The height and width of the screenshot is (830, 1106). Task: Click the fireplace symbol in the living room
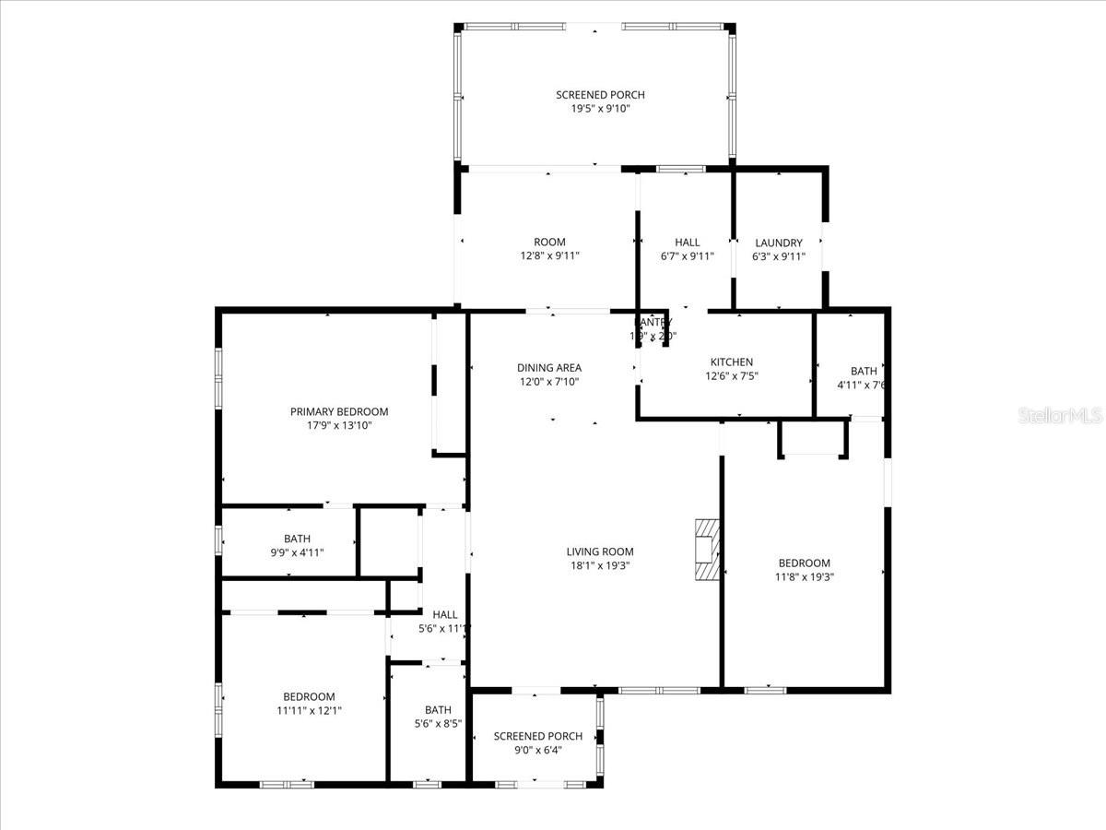[x=705, y=550]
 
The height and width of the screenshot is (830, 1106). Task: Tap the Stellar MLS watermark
[x=1060, y=416]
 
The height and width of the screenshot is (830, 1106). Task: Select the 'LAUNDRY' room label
[x=779, y=243]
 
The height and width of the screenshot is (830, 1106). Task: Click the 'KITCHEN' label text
[x=731, y=362]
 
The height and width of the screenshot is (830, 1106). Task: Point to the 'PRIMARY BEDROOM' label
[x=339, y=411]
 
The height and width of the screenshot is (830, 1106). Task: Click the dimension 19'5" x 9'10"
[x=600, y=109]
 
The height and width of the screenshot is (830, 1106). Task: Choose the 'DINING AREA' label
[x=548, y=368]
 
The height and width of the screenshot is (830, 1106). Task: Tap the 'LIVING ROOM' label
[x=600, y=551]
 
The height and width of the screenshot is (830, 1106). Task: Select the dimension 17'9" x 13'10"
[x=339, y=426]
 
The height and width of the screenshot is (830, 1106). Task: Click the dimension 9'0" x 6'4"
[x=537, y=750]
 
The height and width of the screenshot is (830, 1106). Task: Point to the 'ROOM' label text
[x=549, y=243]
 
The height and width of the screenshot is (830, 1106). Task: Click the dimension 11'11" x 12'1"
[x=309, y=710]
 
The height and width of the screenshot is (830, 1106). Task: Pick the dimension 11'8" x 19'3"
[x=804, y=576]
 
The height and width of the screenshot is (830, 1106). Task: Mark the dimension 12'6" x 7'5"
[x=731, y=376]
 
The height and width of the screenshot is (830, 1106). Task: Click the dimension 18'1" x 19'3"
[x=600, y=565]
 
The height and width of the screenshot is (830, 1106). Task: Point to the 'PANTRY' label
[x=654, y=322]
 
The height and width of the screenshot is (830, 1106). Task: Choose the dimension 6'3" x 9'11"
[x=779, y=257]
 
